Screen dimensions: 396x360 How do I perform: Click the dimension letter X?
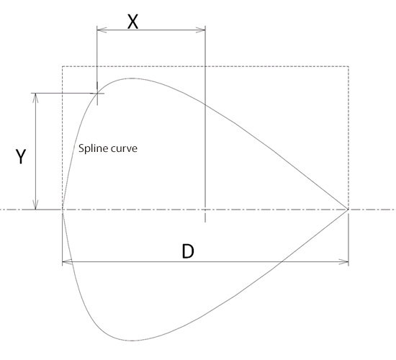coord(133,22)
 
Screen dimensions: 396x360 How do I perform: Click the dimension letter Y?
coord(21,157)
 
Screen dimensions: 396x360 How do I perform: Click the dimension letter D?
coord(188,251)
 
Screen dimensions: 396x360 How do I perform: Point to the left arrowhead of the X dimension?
coord(102,30)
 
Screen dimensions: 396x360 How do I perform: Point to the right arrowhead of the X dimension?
coord(201,30)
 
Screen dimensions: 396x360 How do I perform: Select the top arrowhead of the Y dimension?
coord(35,98)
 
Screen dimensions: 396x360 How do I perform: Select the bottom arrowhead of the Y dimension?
coord(35,205)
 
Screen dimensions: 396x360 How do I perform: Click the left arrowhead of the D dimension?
coord(67,262)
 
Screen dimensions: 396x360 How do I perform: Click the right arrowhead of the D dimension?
coord(343,262)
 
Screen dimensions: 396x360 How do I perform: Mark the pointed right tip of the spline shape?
coord(348,210)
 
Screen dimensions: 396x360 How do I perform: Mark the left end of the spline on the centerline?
coord(63,210)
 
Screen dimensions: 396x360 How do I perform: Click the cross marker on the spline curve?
coord(97,93)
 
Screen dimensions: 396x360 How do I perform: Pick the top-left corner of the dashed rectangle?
coord(63,66)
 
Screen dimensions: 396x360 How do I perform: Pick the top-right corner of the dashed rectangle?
coord(348,66)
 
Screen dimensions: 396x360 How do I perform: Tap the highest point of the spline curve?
coord(132,78)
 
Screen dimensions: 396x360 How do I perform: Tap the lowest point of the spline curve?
coord(132,341)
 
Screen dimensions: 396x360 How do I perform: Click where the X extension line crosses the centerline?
coord(205,210)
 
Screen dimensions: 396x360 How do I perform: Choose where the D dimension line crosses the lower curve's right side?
coord(281,262)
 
